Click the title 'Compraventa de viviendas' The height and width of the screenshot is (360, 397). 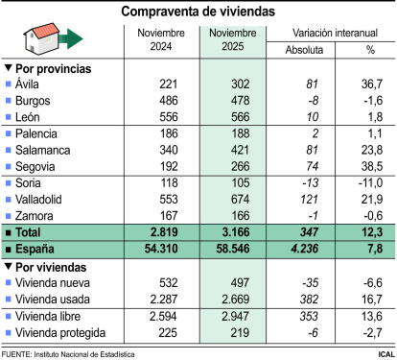198,12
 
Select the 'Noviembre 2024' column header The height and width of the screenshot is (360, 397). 160,40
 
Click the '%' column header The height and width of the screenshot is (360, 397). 370,50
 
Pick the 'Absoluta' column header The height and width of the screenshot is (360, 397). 304,50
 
